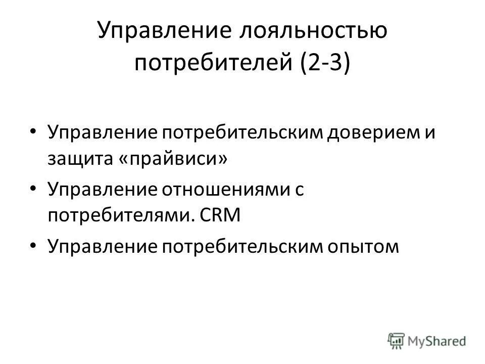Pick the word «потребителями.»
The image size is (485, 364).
pos(120,217)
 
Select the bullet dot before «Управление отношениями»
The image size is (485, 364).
pos(33,188)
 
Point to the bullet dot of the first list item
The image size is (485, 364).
pos(33,131)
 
